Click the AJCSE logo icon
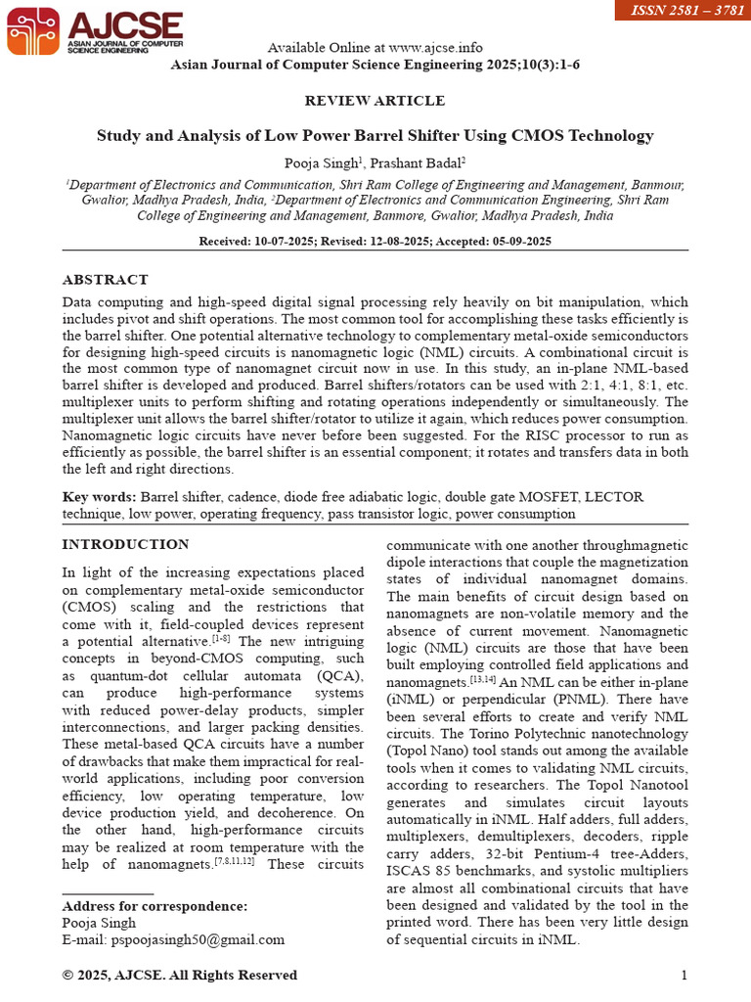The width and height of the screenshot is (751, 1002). point(32,29)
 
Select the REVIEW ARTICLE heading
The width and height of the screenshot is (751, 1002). point(375,101)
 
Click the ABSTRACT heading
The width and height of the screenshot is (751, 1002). point(106,280)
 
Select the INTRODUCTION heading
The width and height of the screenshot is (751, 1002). point(126,544)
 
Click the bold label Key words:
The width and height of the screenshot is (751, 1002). point(100,497)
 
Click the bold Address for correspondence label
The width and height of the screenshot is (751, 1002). point(155,906)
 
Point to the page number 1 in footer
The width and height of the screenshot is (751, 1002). point(685,975)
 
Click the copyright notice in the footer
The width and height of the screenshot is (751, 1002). point(180,975)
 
